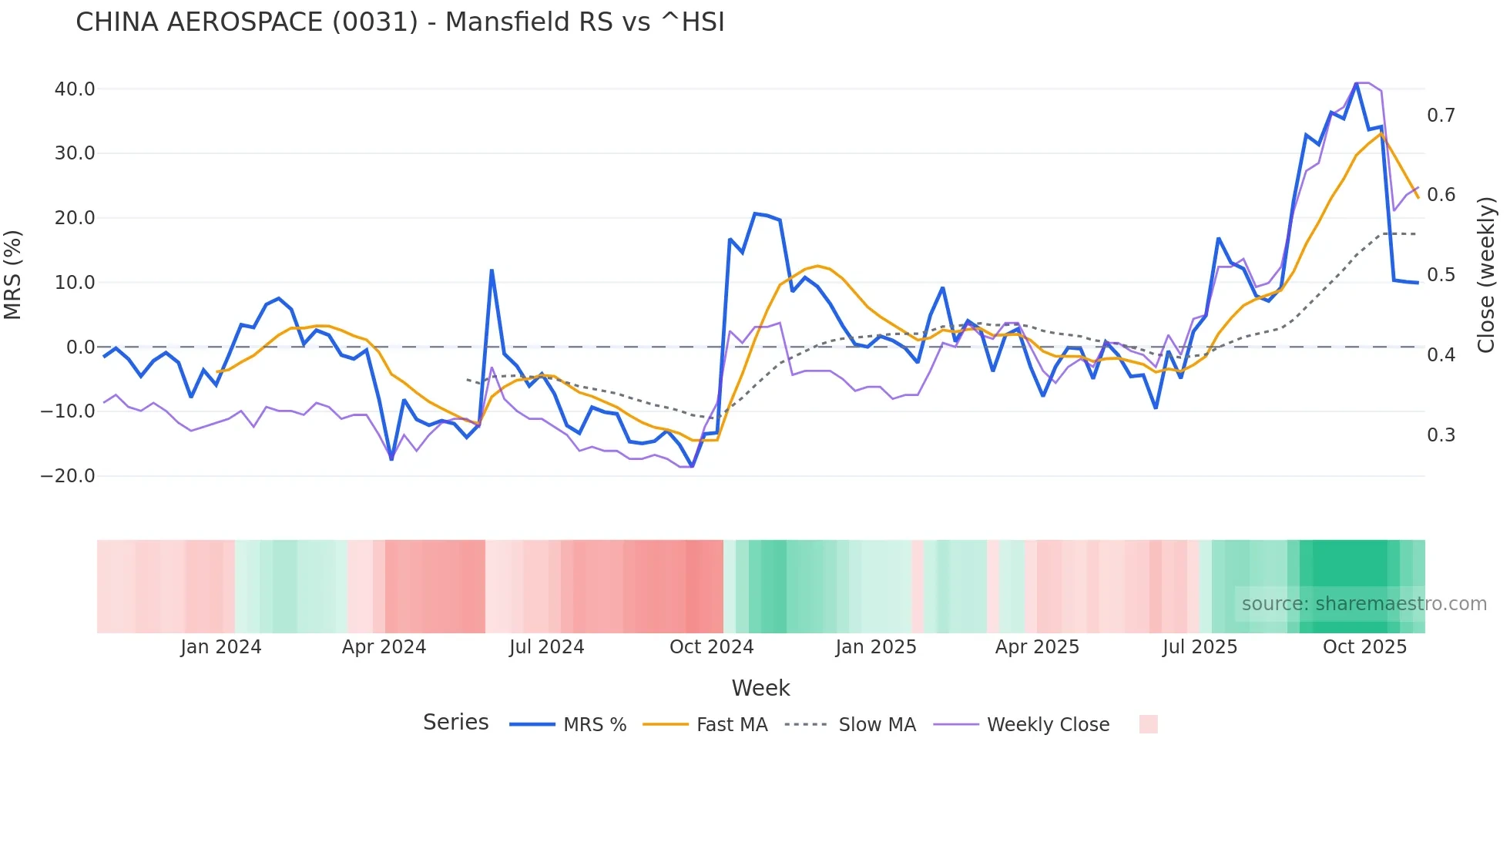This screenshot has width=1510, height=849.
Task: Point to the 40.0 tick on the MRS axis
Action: click(x=75, y=89)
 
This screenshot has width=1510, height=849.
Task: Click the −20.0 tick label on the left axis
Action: click(x=68, y=476)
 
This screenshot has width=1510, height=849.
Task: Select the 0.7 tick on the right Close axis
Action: click(x=1441, y=116)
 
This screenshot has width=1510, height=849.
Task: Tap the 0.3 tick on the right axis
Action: click(x=1441, y=435)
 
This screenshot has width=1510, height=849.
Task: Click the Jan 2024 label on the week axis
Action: click(x=221, y=647)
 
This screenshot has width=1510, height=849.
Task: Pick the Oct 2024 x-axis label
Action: click(x=711, y=647)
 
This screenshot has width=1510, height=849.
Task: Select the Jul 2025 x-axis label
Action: click(x=1200, y=647)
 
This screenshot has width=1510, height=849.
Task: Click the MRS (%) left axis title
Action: click(x=13, y=275)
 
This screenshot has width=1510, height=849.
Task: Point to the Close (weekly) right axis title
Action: click(x=1486, y=275)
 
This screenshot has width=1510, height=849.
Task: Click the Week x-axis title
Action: click(x=760, y=688)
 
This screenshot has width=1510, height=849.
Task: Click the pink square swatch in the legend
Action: click(x=1148, y=724)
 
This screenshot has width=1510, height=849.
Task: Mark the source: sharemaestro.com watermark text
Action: click(x=1364, y=604)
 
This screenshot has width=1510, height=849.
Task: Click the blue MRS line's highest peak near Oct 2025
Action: click(x=1357, y=84)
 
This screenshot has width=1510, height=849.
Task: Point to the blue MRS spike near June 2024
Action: click(x=492, y=270)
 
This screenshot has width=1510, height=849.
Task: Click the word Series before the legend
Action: click(x=455, y=723)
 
